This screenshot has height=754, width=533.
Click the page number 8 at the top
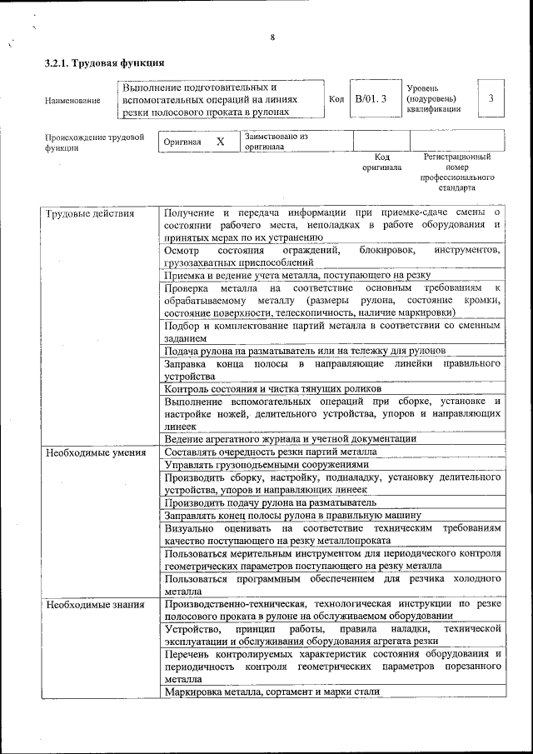pos(272,37)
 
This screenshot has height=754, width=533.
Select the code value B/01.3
pos(371,99)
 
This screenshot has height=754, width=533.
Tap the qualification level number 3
pos(491,98)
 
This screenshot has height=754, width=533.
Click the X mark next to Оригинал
pos(220,142)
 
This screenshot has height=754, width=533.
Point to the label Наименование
pos(72,101)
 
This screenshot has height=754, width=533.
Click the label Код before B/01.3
pos(336,99)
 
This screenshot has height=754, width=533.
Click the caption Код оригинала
pos(381,162)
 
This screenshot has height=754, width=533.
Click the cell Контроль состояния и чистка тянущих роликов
pos(272,388)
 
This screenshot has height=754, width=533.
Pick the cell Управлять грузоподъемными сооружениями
pos(265,464)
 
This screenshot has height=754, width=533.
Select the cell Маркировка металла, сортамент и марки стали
pos(272,691)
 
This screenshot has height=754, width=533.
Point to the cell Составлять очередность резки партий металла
pos(271,452)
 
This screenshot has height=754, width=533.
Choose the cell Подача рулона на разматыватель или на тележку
pos(306,351)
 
